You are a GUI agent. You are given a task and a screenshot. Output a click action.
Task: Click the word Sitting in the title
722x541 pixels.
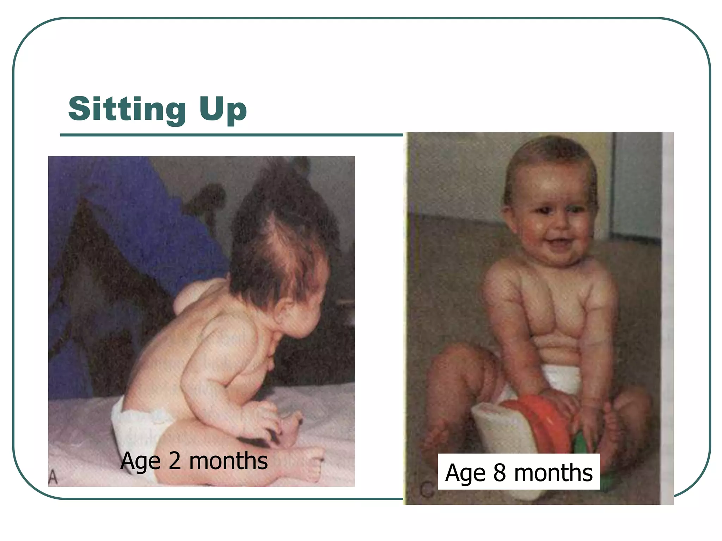127,109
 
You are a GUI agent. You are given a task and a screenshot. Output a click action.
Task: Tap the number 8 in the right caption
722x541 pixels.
500,473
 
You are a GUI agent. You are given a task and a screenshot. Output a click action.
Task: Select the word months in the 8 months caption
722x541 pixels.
553,473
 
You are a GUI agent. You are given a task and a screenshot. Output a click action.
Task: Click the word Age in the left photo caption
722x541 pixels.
140,461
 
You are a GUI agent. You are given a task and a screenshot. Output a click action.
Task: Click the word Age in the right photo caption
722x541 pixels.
466,473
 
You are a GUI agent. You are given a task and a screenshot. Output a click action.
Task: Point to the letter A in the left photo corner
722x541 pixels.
53,477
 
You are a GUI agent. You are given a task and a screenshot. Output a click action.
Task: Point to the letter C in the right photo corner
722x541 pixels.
427,490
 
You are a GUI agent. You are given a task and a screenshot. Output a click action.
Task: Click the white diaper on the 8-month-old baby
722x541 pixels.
561,379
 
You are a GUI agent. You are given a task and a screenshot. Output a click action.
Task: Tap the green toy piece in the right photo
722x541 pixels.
582,447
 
